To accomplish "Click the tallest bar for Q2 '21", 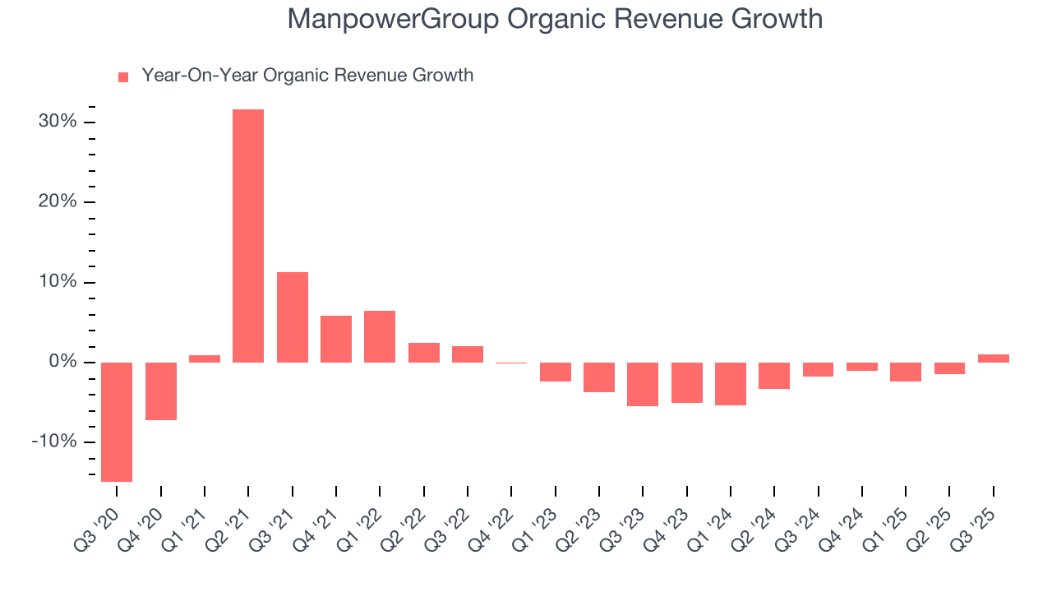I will [248, 236].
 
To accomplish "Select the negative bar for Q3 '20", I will [117, 422].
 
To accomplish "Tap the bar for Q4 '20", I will [161, 391].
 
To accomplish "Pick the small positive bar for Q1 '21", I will [205, 358].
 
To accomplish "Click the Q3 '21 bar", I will [293, 317].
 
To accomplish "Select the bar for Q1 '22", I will [380, 336].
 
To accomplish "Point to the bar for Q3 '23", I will [643, 384].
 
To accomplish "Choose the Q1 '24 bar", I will [731, 384].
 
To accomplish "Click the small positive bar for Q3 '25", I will [993, 358].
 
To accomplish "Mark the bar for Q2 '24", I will [774, 376].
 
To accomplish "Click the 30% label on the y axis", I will [58, 122].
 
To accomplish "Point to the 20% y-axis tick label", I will [58, 202].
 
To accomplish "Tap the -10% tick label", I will [54, 442].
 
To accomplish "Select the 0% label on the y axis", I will [62, 362].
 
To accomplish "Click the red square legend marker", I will [123, 77].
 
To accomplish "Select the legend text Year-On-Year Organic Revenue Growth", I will [307, 76].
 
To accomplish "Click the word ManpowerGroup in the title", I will [392, 19].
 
